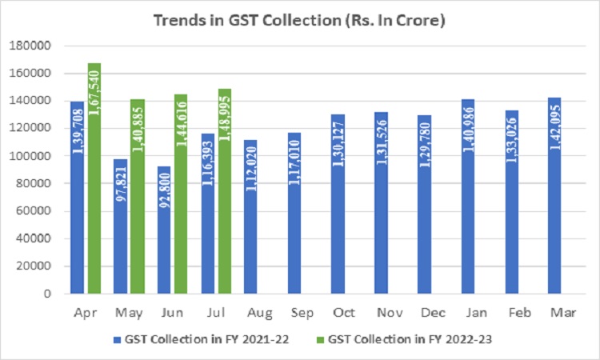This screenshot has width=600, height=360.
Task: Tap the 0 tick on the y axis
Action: pos(48,294)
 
